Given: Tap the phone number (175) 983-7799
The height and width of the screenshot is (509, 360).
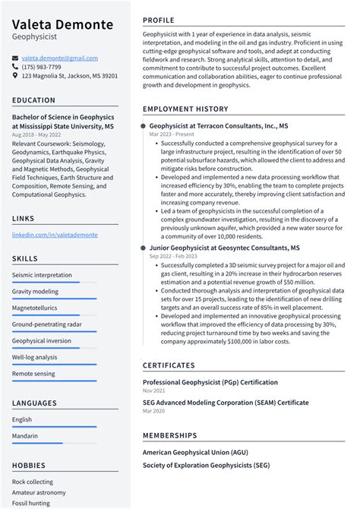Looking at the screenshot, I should (41, 67).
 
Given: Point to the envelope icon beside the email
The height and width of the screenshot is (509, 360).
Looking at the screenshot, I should (15, 58).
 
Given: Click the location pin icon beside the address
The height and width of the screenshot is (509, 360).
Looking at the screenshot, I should (15, 76).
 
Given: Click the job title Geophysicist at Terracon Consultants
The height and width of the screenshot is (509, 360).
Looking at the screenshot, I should (218, 125).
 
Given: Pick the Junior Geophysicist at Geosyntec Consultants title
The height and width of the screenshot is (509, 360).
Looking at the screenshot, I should (224, 248).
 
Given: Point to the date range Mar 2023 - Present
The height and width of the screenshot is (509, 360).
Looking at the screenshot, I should (172, 134).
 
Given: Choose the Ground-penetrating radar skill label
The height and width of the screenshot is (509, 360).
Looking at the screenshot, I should (47, 324).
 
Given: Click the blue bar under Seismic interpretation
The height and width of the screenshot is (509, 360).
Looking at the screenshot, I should (46, 283).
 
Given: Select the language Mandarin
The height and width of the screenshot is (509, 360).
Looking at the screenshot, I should (25, 435).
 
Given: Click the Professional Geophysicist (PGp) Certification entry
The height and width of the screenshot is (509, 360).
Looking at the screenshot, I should (210, 382).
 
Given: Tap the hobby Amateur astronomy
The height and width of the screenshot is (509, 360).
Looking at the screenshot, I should (39, 492).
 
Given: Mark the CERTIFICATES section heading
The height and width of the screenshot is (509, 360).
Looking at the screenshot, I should (169, 365).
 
